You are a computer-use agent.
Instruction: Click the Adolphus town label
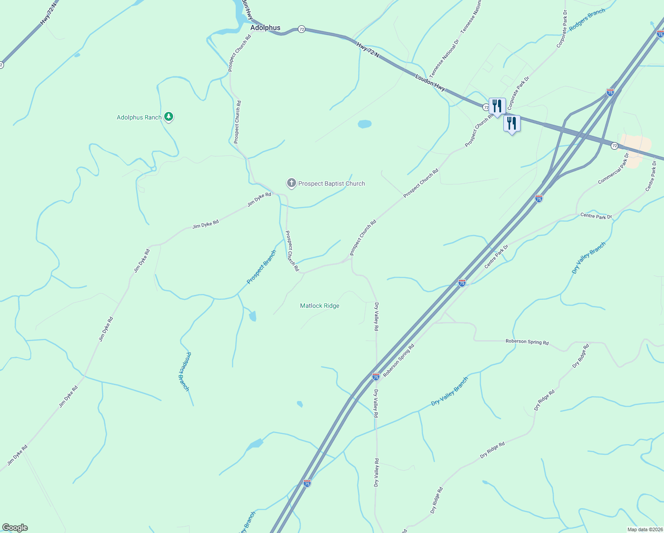click(x=265, y=28)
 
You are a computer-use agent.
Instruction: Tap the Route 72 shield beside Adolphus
click(x=302, y=29)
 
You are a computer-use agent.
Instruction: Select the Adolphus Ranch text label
click(x=139, y=117)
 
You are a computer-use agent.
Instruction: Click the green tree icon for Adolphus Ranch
click(x=168, y=117)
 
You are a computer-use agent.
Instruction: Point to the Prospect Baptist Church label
click(x=332, y=183)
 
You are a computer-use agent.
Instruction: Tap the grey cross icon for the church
click(x=291, y=183)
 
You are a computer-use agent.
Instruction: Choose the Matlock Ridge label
click(x=320, y=306)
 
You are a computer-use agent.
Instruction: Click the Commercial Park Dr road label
click(x=614, y=169)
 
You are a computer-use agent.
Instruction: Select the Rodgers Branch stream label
click(x=587, y=20)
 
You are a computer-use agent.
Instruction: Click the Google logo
click(x=15, y=528)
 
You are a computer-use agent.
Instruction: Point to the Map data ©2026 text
click(x=644, y=529)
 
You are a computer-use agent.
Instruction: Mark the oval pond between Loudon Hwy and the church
click(x=364, y=124)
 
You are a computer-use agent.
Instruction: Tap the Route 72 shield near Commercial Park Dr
click(x=614, y=146)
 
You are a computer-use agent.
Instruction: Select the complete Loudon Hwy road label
click(x=430, y=83)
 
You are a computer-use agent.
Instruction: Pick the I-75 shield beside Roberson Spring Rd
click(x=375, y=377)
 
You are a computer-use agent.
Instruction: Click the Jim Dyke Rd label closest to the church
click(x=259, y=199)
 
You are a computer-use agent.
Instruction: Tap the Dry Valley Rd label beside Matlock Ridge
click(x=376, y=317)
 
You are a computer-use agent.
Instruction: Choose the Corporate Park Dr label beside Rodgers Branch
click(x=561, y=29)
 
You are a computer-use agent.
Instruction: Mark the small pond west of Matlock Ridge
click(x=253, y=316)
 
